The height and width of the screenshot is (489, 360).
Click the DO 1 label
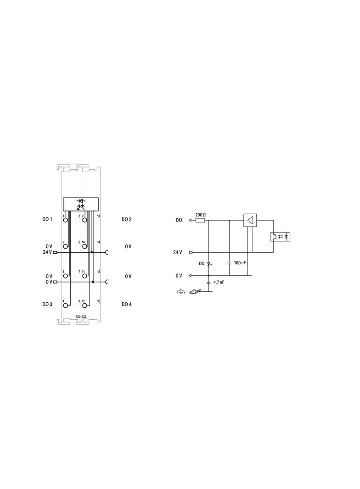point(47,219)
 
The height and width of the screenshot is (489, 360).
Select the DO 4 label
point(126,304)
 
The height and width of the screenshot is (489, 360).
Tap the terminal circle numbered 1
point(65,220)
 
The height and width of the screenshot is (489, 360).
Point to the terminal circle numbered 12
point(84,306)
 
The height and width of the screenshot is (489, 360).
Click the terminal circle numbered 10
point(84,247)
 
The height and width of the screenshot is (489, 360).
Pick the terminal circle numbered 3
point(65,276)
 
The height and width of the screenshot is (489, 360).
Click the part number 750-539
point(81,317)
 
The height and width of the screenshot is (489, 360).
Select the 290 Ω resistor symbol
point(200,221)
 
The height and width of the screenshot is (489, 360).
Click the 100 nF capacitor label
point(240,263)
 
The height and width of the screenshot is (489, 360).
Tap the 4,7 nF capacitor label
point(219,282)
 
